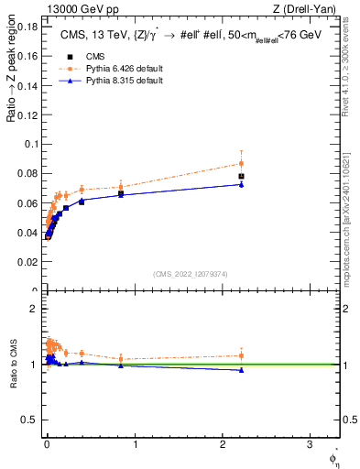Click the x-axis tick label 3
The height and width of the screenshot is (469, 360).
pos(310,444)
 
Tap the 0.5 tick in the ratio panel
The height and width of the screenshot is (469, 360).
pos(29,420)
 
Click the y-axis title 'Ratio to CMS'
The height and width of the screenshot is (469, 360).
pos(13,364)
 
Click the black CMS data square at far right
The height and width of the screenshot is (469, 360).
pos(241,176)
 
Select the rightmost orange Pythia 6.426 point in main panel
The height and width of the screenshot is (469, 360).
pos(241,163)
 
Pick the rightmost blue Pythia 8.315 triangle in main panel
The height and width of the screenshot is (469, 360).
pos(241,184)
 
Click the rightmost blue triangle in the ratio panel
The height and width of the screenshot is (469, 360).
pos(241,370)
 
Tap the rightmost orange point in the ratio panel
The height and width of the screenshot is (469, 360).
pos(241,355)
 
